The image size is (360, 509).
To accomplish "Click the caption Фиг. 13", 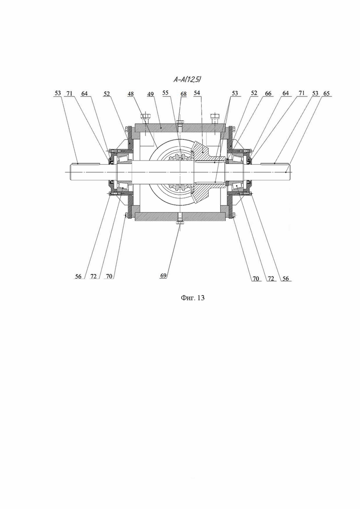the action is pyautogui.click(x=192, y=298).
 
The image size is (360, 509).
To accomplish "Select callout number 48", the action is pyautogui.click(x=131, y=94).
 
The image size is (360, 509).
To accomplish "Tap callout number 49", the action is pyautogui.click(x=150, y=94).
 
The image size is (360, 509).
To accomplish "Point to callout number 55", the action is pyautogui.click(x=166, y=93).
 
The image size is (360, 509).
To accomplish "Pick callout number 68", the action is pyautogui.click(x=184, y=94).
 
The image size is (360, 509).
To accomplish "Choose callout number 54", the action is pyautogui.click(x=197, y=93).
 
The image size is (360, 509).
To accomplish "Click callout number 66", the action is pyautogui.click(x=268, y=94).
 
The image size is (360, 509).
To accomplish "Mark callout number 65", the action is pyautogui.click(x=326, y=94).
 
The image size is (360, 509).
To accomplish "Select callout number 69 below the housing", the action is pyautogui.click(x=163, y=275).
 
